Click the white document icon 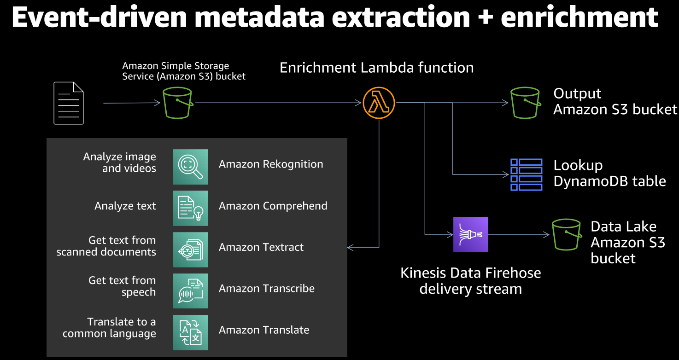[69, 103]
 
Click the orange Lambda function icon [379, 103]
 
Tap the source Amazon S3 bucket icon [177, 103]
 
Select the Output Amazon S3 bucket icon [525, 103]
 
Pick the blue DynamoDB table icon [527, 174]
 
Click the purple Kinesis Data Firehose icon [470, 234]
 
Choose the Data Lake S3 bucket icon [566, 234]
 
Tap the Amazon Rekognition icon [190, 167]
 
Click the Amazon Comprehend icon [190, 208]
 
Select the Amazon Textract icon [190, 250]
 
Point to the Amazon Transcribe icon [190, 291]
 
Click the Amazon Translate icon [190, 332]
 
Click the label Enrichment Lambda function [376, 68]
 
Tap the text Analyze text [125, 206]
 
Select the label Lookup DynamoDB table [609, 173]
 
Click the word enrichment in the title [579, 17]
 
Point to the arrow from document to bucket [132, 103]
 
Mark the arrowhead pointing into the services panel [351, 248]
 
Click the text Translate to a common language [110, 328]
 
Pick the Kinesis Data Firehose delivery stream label [470, 281]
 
